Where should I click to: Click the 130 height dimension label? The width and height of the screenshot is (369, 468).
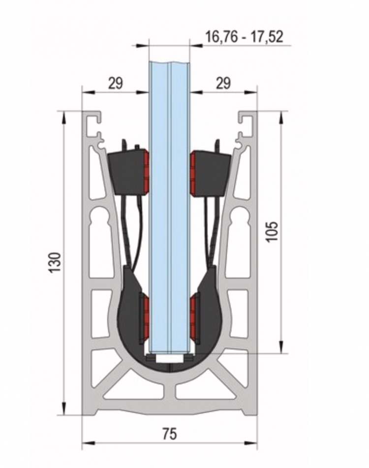click(x=56, y=262)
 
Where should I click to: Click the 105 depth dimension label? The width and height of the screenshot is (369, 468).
click(x=272, y=232)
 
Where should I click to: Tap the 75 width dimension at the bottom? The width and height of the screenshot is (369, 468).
click(x=169, y=434)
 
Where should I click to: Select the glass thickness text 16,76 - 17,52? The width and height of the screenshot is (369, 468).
click(x=244, y=37)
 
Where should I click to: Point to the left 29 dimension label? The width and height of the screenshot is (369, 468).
click(x=115, y=83)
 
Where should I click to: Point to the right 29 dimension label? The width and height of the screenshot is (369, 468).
click(x=223, y=83)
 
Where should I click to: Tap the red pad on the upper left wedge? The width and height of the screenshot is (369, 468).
click(x=146, y=171)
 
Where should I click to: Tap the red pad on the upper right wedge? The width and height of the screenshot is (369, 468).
click(x=193, y=172)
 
